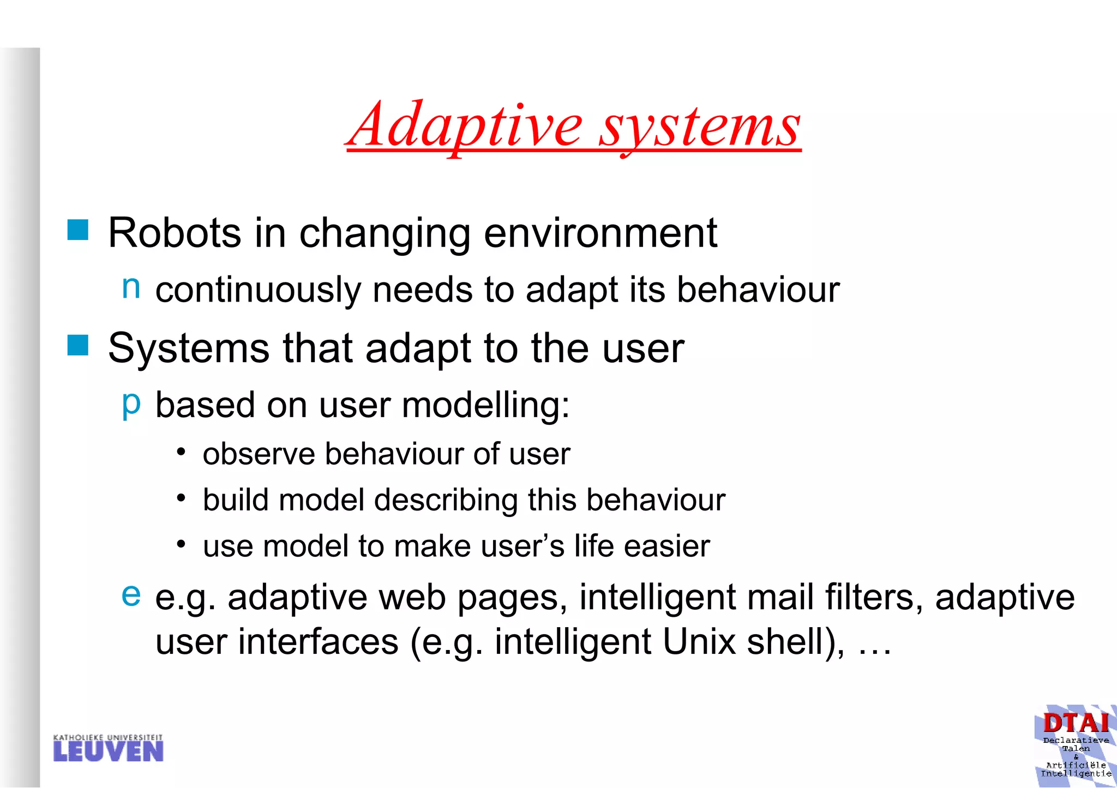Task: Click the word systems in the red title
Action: click(700, 128)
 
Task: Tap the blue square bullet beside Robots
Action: click(78, 230)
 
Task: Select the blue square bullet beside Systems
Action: click(78, 345)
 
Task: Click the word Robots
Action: click(175, 233)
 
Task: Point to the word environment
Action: click(600, 233)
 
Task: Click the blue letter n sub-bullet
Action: click(131, 287)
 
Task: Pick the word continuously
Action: click(257, 290)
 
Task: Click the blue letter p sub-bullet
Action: click(131, 404)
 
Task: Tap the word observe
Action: click(259, 454)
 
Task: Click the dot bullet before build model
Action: click(182, 498)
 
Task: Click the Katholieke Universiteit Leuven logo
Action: click(108, 748)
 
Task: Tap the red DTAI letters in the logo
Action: click(1076, 724)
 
